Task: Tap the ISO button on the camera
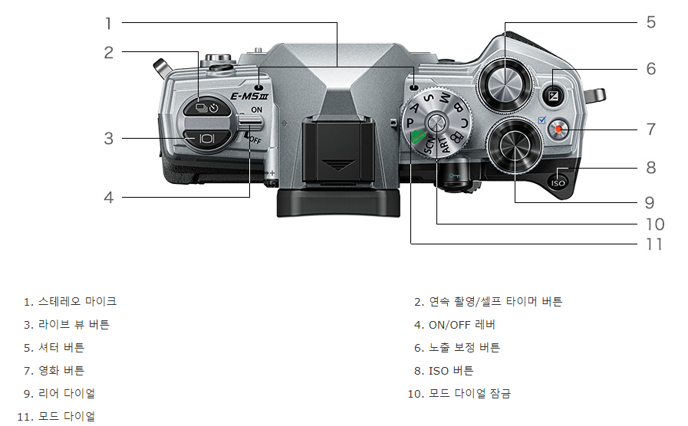[x=558, y=182]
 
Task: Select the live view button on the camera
[x=207, y=139]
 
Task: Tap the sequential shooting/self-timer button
[x=206, y=108]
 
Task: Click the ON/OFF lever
[x=250, y=122]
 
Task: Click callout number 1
[x=108, y=23]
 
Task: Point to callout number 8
[x=650, y=167]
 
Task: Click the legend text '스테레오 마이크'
[x=77, y=301]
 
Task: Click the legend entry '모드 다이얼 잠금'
[x=469, y=394]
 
